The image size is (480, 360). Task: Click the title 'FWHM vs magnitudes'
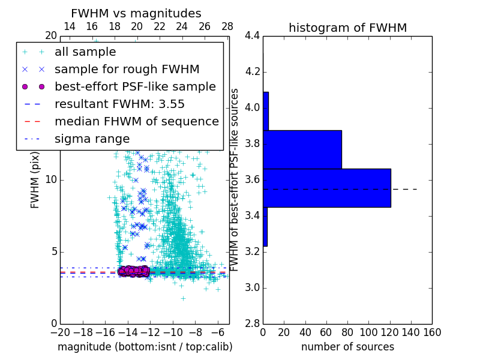(x=136, y=14)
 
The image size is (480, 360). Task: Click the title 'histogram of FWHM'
(x=347, y=28)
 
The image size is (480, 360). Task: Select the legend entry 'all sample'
(x=85, y=52)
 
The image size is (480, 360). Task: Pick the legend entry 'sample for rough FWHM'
(x=127, y=70)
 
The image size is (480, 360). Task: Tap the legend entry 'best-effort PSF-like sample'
(x=135, y=86)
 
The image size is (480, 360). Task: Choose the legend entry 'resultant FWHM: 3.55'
(x=119, y=104)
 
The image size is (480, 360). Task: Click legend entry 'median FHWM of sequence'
(x=136, y=121)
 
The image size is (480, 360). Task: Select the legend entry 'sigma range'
(x=92, y=139)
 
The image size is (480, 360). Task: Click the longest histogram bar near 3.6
(x=326, y=188)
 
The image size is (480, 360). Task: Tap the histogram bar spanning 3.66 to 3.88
(x=302, y=149)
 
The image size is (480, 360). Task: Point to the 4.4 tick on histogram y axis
(x=252, y=36)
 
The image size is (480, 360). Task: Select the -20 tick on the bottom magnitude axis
(x=60, y=332)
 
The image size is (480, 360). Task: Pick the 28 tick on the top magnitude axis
(x=227, y=26)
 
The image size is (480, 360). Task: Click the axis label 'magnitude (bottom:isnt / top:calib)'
(x=145, y=347)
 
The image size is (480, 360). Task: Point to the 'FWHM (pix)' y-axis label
(x=35, y=180)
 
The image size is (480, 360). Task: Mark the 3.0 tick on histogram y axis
(x=252, y=287)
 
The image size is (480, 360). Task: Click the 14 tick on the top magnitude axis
(x=69, y=26)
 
